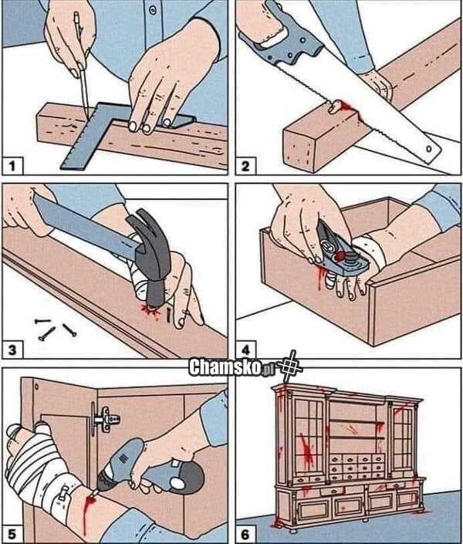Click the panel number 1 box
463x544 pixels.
13,165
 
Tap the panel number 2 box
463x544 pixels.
245,165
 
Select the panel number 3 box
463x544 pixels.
13,350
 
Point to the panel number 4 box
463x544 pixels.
245,350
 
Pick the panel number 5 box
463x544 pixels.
13,534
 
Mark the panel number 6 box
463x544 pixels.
245,534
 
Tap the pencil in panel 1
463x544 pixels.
80,63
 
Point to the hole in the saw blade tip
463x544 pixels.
429,149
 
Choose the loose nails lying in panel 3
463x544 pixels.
56,328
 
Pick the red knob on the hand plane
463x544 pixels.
339,256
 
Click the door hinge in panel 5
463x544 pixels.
104,419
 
